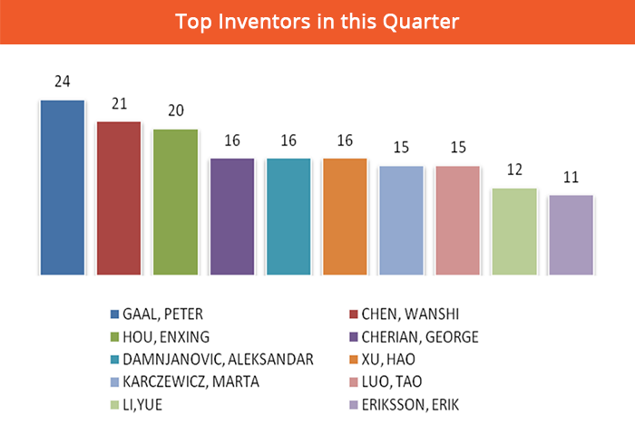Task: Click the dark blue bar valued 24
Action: pos(63,188)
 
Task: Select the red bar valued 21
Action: pos(119,198)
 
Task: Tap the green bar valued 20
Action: pos(175,202)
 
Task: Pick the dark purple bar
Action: pos(232,217)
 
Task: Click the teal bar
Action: pos(288,217)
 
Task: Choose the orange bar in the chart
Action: pos(345,217)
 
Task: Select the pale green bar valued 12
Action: pos(514,232)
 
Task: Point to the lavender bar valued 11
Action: pos(571,236)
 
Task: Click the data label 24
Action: pos(63,82)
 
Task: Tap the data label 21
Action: pos(120,104)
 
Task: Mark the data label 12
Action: pos(514,169)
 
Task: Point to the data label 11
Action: pos(571,178)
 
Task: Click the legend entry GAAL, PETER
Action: pos(156,314)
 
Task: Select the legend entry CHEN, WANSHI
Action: pos(404,314)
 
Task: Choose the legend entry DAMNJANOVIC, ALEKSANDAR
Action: pos(211,360)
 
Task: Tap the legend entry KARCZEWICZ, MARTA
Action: pos(185,382)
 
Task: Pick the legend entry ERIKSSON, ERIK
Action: pos(404,405)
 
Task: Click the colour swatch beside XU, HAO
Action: pos(354,360)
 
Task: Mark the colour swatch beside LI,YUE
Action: pos(114,405)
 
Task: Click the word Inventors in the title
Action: pos(264,22)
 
